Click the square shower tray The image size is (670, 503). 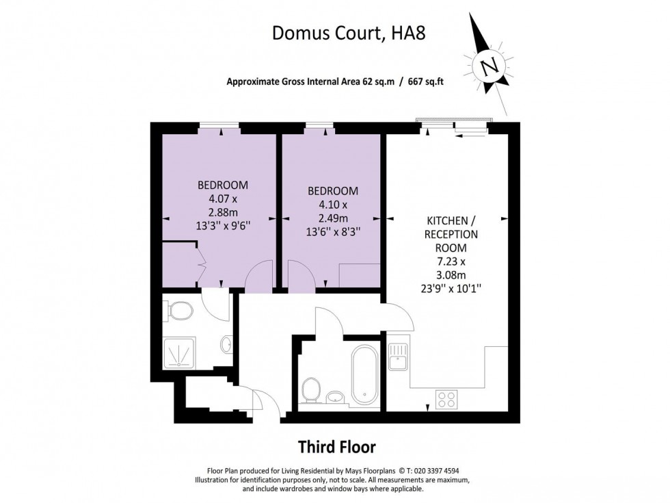(x=178, y=352)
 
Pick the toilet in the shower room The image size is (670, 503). (x=180, y=312)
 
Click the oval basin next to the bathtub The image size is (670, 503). (x=335, y=396)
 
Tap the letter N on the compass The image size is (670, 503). (x=488, y=67)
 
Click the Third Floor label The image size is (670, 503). (x=336, y=447)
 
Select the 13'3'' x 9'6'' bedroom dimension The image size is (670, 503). (x=222, y=225)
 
